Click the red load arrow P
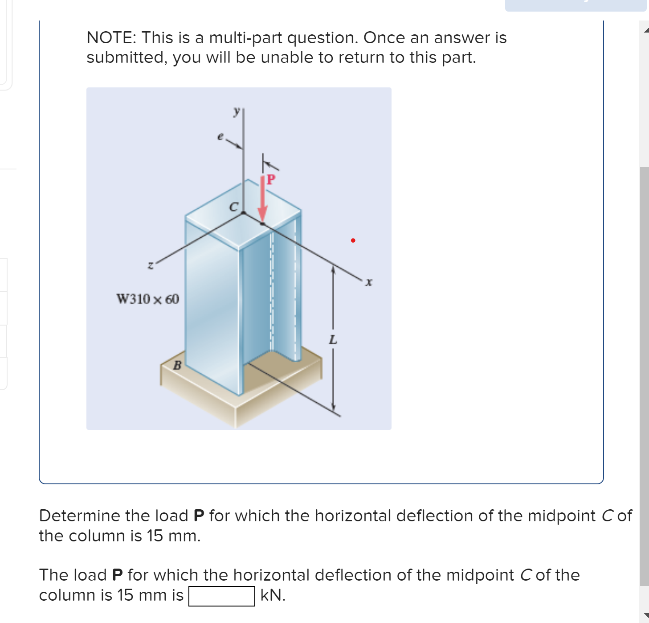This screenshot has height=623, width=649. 263,201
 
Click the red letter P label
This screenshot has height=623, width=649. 271,180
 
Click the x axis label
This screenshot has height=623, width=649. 368,282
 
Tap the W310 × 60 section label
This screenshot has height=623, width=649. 147,299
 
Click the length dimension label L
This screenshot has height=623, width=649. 333,340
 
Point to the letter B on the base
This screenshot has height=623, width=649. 177,366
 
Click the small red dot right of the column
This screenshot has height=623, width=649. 353,240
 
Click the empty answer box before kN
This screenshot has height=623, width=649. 221,596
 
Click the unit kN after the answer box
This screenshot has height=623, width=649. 272,595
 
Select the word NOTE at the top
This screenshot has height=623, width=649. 111,38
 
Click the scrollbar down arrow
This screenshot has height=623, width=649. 645,616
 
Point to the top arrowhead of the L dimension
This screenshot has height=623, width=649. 332,269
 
